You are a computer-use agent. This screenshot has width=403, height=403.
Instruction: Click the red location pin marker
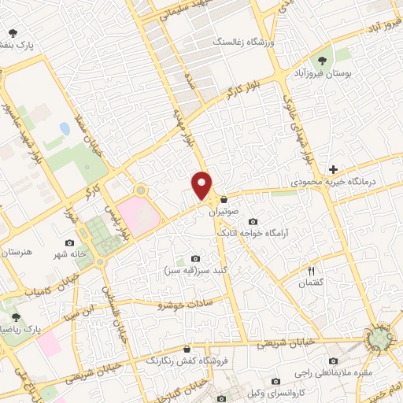pyautogui.click(x=203, y=185)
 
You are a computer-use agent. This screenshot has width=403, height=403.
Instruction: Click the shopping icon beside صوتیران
pyautogui.click(x=225, y=199)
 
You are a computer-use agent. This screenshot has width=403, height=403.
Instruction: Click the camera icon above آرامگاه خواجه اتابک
pyautogui.click(x=252, y=221)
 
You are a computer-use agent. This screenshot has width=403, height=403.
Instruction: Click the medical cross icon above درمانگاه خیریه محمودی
pyautogui.click(x=334, y=169)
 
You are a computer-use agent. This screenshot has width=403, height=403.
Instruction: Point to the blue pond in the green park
pyautogui.click(x=64, y=128)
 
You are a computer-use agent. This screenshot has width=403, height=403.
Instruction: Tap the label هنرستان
pyautogui.click(x=18, y=253)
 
